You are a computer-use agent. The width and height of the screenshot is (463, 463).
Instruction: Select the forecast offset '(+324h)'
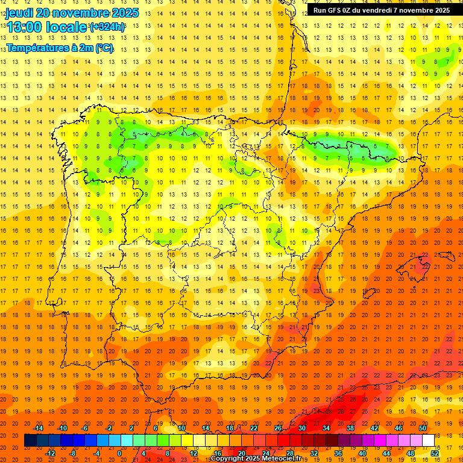click(107, 27)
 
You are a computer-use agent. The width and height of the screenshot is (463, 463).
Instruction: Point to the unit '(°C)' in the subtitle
click(104, 48)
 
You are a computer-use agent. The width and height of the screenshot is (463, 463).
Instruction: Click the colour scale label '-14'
click(38, 428)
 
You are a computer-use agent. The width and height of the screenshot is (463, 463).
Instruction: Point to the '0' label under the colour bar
click(119, 453)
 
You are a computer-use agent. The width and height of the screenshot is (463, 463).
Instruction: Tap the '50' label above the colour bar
click(423, 428)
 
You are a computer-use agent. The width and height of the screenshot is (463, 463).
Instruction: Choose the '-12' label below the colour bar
click(50, 453)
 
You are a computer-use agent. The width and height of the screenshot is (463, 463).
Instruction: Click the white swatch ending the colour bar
click(428, 441)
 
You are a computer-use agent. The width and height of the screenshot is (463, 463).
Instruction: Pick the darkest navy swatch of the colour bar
click(30, 441)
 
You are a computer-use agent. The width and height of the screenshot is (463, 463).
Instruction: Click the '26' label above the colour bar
click(278, 428)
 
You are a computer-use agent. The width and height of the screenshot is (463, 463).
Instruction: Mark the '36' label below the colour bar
click(338, 453)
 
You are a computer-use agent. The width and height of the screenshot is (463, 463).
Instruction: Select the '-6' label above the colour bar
click(85, 428)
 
